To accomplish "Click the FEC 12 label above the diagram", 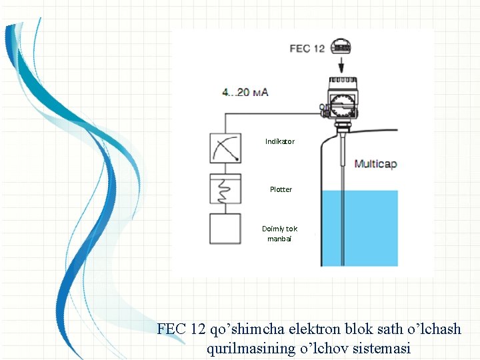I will (x=307, y=49).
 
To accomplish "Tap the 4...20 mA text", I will (x=245, y=92).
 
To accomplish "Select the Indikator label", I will (x=279, y=141).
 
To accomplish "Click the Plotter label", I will (x=281, y=189).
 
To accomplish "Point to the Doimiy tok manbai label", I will (x=280, y=233).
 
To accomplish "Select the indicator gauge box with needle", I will (x=225, y=148).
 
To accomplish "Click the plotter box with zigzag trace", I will (x=225, y=190).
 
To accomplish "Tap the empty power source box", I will (x=225, y=228).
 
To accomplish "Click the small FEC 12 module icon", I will (x=341, y=47).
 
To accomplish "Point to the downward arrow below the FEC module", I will (x=341, y=65).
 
